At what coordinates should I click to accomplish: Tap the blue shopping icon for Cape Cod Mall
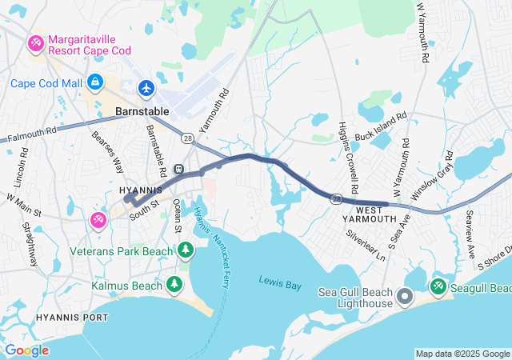point(95,82)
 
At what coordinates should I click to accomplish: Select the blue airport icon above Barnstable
point(146,87)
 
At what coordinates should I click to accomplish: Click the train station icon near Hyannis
point(179,169)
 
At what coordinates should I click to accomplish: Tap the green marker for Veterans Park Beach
point(186,251)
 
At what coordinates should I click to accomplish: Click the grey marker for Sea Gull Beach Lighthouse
point(405,298)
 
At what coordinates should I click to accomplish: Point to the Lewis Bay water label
point(278,280)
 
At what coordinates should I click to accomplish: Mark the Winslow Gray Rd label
point(432,182)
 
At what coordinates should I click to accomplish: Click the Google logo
point(26,350)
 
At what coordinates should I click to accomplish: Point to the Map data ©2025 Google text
point(462,354)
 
